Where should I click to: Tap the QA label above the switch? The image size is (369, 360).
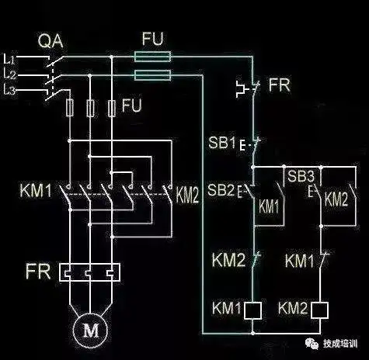[49, 39]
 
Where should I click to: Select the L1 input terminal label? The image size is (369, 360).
[10, 59]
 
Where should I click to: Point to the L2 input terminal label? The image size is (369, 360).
[10, 74]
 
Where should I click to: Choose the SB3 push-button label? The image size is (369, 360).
[301, 177]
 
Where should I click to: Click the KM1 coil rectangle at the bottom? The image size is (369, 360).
[251, 310]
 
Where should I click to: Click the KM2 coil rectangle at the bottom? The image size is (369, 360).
[319, 310]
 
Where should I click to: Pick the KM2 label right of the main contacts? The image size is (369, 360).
[188, 196]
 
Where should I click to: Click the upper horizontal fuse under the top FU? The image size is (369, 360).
[154, 57]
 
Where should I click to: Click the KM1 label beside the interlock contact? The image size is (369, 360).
[300, 261]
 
